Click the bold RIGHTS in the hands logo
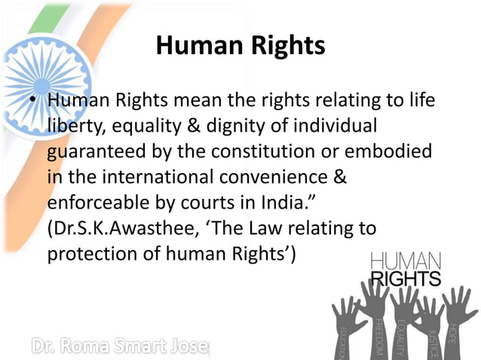tap(406, 278)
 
